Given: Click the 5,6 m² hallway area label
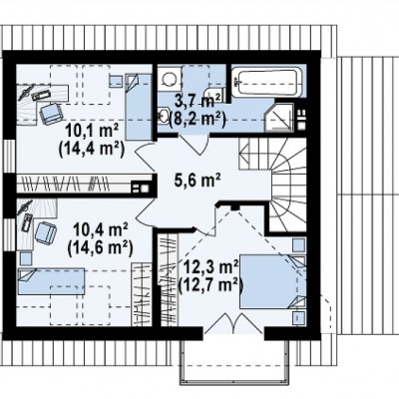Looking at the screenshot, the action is pyautogui.click(x=198, y=181).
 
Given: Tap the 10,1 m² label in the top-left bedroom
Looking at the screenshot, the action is pyautogui.click(x=92, y=131).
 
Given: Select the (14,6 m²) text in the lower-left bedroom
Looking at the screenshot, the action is pyautogui.click(x=100, y=247).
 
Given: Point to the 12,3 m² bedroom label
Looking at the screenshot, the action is pyautogui.click(x=210, y=267).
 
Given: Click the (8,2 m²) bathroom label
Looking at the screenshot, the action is pyautogui.click(x=198, y=118).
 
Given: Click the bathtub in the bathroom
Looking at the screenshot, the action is pyautogui.click(x=267, y=82).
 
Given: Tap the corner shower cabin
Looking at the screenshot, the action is pyautogui.click(x=279, y=118).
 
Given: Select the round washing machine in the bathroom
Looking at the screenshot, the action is pyautogui.click(x=170, y=79).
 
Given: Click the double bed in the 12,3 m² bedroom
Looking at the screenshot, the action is pyautogui.click(x=272, y=281).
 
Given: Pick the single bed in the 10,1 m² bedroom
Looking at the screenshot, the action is pyautogui.click(x=139, y=107).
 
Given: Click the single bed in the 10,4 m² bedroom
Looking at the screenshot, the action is pyautogui.click(x=52, y=281).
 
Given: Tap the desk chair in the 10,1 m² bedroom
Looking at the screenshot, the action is pyautogui.click(x=51, y=114).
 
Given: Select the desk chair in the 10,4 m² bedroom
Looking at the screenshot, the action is pyautogui.click(x=46, y=232).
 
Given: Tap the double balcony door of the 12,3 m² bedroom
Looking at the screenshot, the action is pyautogui.click(x=234, y=323).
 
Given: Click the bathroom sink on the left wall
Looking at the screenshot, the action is pyautogui.click(x=163, y=115).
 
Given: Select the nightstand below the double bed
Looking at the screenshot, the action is pyautogui.click(x=298, y=318).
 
